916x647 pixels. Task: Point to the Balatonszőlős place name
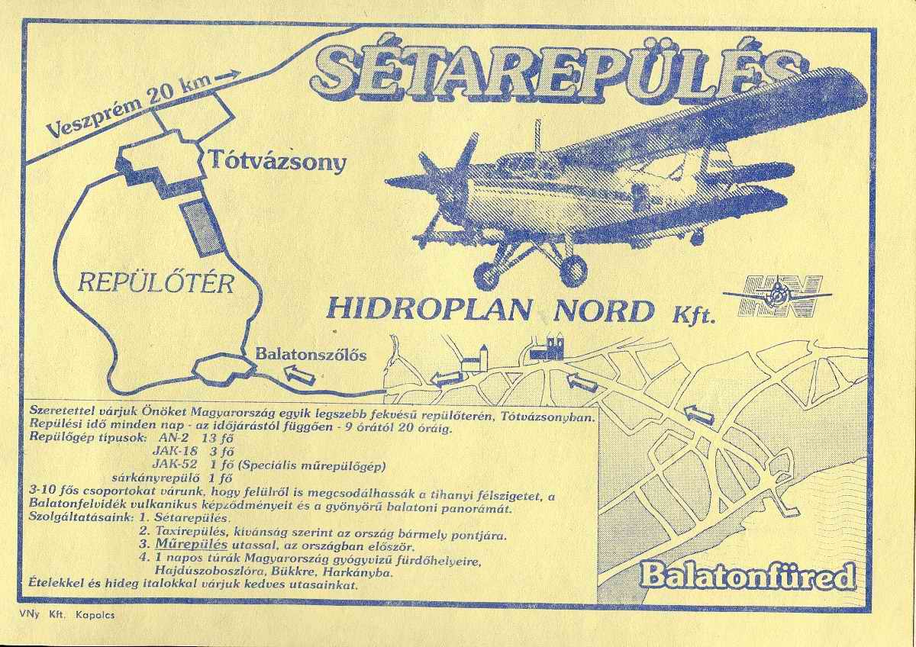point(311,354)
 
